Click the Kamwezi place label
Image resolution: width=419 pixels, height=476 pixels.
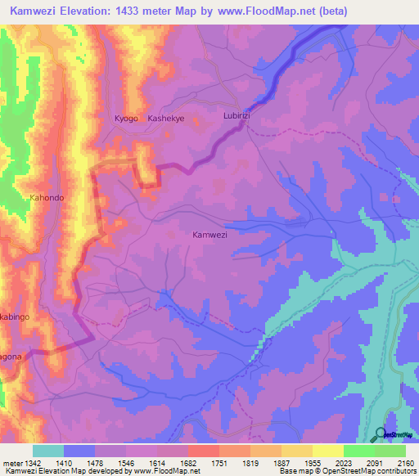[x=209, y=235]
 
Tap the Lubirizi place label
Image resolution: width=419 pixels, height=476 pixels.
[x=240, y=117]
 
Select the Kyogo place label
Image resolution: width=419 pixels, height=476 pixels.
[x=126, y=119]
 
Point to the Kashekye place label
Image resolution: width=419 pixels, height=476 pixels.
[x=166, y=119]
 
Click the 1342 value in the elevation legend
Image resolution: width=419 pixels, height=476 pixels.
[x=32, y=463]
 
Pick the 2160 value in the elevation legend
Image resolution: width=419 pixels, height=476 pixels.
[x=405, y=463]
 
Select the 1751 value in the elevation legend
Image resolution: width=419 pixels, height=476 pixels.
[x=219, y=463]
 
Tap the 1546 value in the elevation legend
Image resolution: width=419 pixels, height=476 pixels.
[x=125, y=463]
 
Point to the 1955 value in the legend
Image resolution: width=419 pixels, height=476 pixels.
[x=312, y=463]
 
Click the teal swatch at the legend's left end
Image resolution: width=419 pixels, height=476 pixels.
[x=48, y=451]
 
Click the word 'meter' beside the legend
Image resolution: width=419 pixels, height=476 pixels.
[x=11, y=463]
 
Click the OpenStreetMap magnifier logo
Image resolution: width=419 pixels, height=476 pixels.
[x=381, y=434]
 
